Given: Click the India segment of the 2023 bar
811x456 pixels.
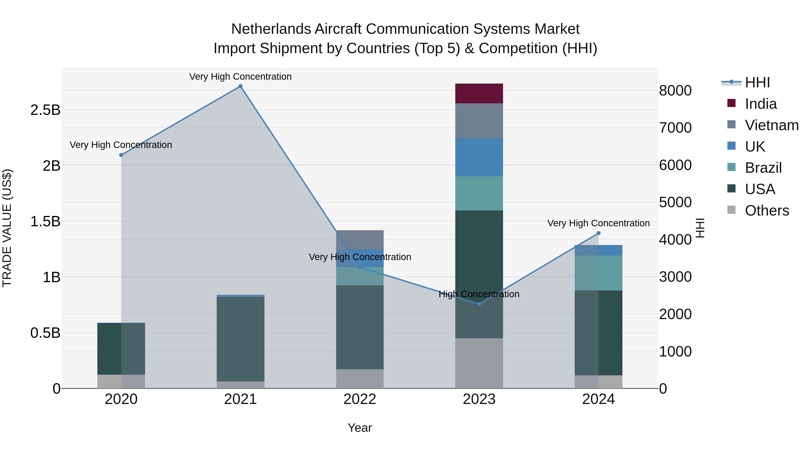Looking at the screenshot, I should coord(479,93).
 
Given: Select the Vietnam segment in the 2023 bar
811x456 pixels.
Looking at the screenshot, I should coord(479,121).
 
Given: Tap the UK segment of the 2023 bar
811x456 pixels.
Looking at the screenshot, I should coord(479,157).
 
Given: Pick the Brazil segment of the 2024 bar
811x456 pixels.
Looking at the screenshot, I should coord(598,273).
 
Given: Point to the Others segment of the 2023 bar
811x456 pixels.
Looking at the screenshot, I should coord(479,363).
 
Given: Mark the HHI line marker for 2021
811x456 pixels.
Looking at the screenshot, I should coord(241,86).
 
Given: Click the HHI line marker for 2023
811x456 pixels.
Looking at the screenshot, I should coord(479,304).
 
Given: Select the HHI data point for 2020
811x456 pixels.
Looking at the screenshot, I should coord(121,155).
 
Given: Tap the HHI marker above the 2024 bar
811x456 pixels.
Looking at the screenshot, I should coord(599,233).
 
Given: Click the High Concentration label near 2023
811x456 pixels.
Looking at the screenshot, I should coord(479,294).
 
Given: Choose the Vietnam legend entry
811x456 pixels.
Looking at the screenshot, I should coord(771,125).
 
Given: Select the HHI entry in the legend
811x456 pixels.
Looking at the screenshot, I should coord(757,82).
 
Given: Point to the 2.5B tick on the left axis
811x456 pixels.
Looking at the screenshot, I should coord(45,110).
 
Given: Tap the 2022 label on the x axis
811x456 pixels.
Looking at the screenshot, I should coord(360,399).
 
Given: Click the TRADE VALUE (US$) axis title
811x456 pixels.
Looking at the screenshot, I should coord(7,228).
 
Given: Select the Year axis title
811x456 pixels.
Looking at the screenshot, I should coord(360,428).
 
